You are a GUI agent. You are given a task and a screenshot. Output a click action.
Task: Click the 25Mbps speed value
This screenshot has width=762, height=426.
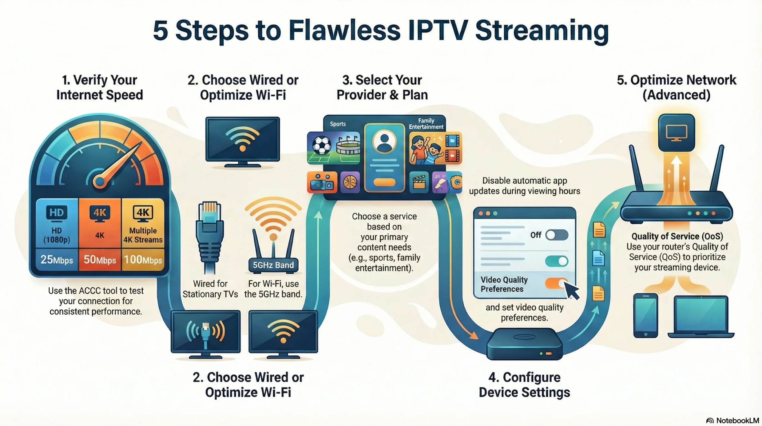click(x=57, y=259)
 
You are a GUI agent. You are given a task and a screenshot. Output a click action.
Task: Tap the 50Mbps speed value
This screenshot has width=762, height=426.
click(x=100, y=259)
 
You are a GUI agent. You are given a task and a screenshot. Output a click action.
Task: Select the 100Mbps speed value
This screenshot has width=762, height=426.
click(x=143, y=259)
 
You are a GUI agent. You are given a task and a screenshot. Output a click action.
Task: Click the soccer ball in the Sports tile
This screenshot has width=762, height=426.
click(x=322, y=145)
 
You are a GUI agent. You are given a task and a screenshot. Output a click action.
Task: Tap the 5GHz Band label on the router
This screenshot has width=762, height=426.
click(x=273, y=265)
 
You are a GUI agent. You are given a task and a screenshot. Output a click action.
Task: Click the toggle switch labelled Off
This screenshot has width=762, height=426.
click(x=557, y=235)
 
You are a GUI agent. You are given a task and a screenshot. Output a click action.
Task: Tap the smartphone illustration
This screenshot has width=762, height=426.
click(x=645, y=315)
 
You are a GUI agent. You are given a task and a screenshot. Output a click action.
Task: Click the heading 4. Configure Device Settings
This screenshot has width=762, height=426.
click(x=524, y=385)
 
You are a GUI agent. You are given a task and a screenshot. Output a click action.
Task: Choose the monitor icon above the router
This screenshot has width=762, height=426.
click(x=676, y=133)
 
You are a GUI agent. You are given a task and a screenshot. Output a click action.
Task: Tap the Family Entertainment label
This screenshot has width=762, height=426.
click(x=426, y=124)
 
